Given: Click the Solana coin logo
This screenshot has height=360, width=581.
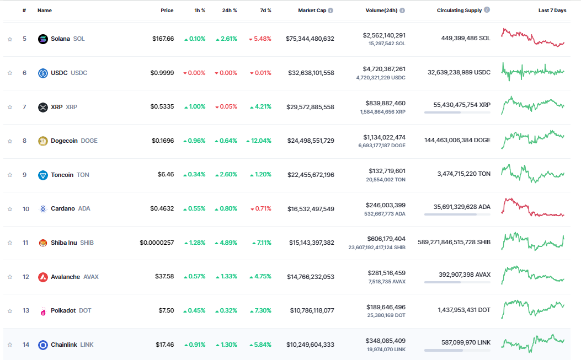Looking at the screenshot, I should [43, 39].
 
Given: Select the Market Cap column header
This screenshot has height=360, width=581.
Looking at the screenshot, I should [312, 10].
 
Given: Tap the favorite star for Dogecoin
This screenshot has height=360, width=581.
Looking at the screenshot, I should [10, 141].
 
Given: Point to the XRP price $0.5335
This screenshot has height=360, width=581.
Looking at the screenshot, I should [162, 107].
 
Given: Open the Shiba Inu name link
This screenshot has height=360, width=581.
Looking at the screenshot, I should [63, 243].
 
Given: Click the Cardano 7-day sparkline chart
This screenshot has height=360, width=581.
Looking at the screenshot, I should [532, 208].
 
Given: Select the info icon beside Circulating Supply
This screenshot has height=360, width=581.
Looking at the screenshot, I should [486, 10].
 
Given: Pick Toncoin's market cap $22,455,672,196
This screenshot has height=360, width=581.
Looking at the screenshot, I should [311, 175].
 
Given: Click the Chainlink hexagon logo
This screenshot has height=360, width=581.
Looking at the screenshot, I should [43, 345].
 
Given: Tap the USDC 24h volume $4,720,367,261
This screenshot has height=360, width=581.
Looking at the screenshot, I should [385, 69].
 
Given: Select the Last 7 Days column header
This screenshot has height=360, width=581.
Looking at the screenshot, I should [552, 10].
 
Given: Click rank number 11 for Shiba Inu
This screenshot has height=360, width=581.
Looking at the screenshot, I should [25, 243].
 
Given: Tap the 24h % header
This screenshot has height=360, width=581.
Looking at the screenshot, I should [230, 10].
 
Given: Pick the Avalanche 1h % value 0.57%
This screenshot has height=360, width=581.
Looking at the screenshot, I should [194, 277].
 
